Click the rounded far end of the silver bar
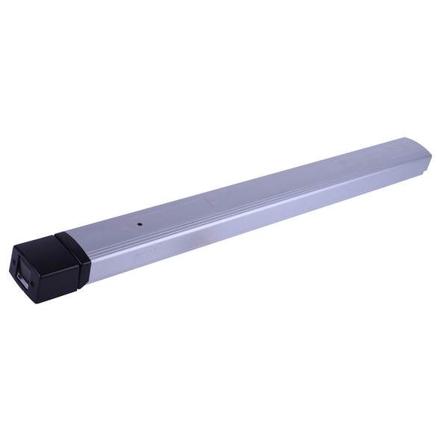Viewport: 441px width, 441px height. click(x=425, y=150)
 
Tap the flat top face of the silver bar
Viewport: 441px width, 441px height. click(x=247, y=183)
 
